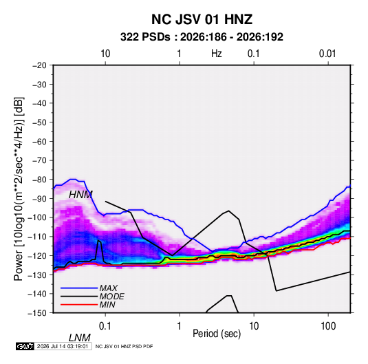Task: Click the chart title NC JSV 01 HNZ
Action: [202, 19]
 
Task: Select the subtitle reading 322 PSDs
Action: [145, 37]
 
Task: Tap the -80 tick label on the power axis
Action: [39, 180]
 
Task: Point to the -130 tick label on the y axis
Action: [38, 275]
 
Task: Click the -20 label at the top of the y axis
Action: [39, 65]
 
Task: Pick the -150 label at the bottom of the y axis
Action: [38, 313]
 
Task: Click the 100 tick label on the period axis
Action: [328, 326]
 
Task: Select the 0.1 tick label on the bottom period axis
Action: [105, 326]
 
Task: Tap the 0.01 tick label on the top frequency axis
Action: [327, 54]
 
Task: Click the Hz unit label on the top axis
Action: [217, 54]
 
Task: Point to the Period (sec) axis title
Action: [217, 334]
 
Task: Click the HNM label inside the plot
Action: [80, 195]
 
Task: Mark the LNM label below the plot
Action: [80, 338]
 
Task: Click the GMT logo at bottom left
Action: [25, 346]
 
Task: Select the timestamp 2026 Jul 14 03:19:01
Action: [63, 346]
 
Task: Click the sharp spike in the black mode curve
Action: [98, 240]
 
